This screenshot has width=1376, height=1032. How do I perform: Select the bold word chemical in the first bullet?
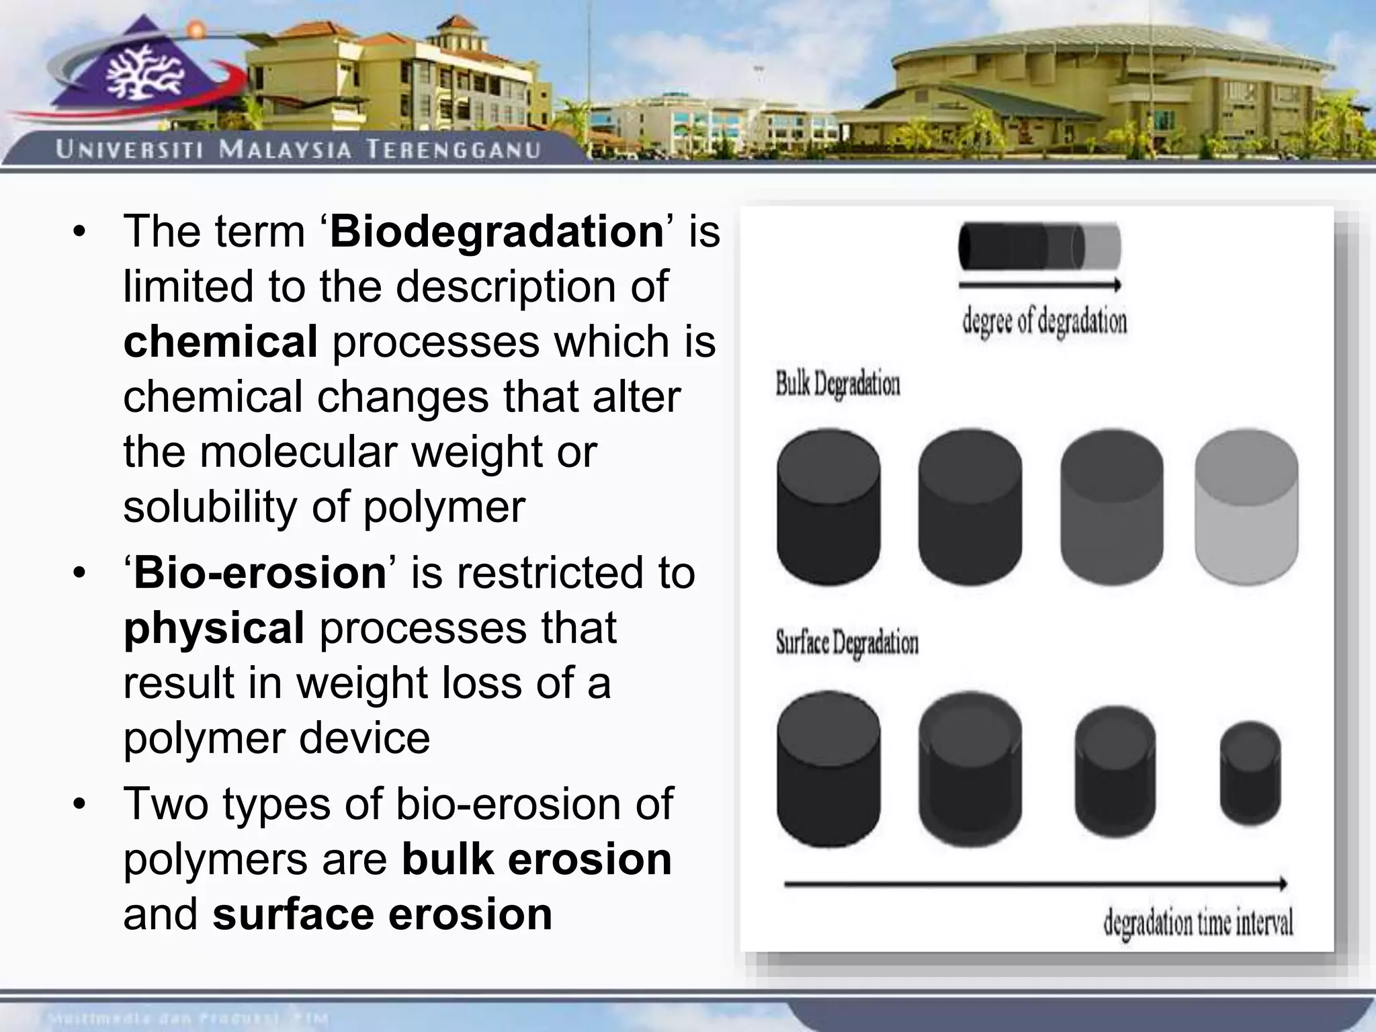[x=220, y=342]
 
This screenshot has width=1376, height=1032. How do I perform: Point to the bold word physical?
[x=214, y=628]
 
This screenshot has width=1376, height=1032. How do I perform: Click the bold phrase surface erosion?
[x=382, y=915]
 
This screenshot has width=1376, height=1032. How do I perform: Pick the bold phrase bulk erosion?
[x=536, y=860]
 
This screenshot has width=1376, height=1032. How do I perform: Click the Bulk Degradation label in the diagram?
[x=837, y=385]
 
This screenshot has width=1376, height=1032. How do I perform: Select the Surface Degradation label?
[x=847, y=643]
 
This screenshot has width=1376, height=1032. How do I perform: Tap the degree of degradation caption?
[x=1044, y=322]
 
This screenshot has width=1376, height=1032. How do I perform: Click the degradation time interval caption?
[x=1197, y=923]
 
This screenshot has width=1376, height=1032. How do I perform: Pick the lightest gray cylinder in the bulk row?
[x=1246, y=507]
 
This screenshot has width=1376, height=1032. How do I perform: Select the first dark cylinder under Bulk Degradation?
[x=828, y=507]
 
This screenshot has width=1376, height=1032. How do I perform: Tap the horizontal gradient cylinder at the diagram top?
[x=1039, y=247]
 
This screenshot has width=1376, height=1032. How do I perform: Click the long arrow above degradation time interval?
[x=1035, y=884]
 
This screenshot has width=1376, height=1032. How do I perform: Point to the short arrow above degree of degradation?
[x=1039, y=286]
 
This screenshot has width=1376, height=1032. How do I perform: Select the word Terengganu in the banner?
[x=454, y=149]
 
